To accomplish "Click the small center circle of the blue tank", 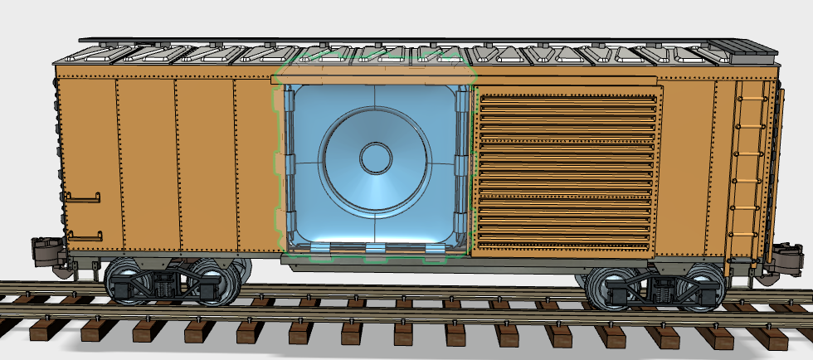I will coord(375,157).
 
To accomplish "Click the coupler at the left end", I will coord(43,250).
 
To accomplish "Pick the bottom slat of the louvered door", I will coord(566,242).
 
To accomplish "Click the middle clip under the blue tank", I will coord(376,248).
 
